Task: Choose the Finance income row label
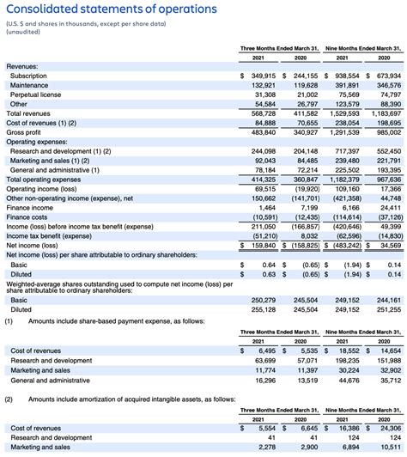30,207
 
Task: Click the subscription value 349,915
259,76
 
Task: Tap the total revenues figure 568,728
261,113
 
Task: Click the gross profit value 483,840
261,132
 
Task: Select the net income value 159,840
261,245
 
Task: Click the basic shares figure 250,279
261,300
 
